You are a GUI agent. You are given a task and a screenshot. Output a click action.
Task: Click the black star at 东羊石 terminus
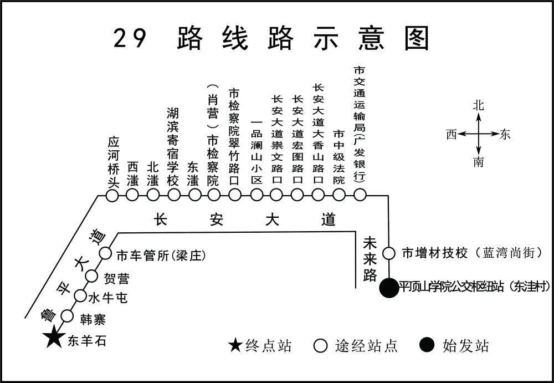click(x=54, y=337)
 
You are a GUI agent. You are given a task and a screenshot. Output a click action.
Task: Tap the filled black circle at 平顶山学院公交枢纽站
click(x=389, y=288)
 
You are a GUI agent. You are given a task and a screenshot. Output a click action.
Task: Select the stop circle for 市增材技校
click(x=389, y=254)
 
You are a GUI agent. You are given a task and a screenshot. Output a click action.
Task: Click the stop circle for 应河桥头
click(x=112, y=195)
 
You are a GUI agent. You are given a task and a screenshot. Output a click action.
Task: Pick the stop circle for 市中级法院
click(x=339, y=195)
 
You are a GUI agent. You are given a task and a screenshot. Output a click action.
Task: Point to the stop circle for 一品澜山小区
click(x=256, y=195)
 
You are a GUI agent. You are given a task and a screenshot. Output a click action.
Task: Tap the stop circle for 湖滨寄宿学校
click(x=173, y=195)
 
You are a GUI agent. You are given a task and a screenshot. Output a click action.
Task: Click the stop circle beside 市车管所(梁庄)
click(x=105, y=254)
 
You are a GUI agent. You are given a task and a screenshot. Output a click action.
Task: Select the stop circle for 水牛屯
click(x=80, y=295)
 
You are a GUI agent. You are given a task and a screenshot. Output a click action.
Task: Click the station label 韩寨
click(x=92, y=320)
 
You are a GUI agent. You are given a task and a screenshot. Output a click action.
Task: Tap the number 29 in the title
click(x=131, y=39)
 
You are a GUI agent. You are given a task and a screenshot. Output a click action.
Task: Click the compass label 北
click(x=479, y=106)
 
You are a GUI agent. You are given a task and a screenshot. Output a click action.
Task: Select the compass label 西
click(x=452, y=134)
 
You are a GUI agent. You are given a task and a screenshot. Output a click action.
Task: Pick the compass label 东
click(x=505, y=134)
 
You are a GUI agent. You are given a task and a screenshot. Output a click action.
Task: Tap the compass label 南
click(x=479, y=162)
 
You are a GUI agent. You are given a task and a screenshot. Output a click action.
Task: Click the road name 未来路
click(x=370, y=259)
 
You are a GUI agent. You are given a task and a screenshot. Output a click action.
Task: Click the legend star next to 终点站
click(x=235, y=346)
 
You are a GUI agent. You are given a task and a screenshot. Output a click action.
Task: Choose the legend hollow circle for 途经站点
click(x=320, y=346)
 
